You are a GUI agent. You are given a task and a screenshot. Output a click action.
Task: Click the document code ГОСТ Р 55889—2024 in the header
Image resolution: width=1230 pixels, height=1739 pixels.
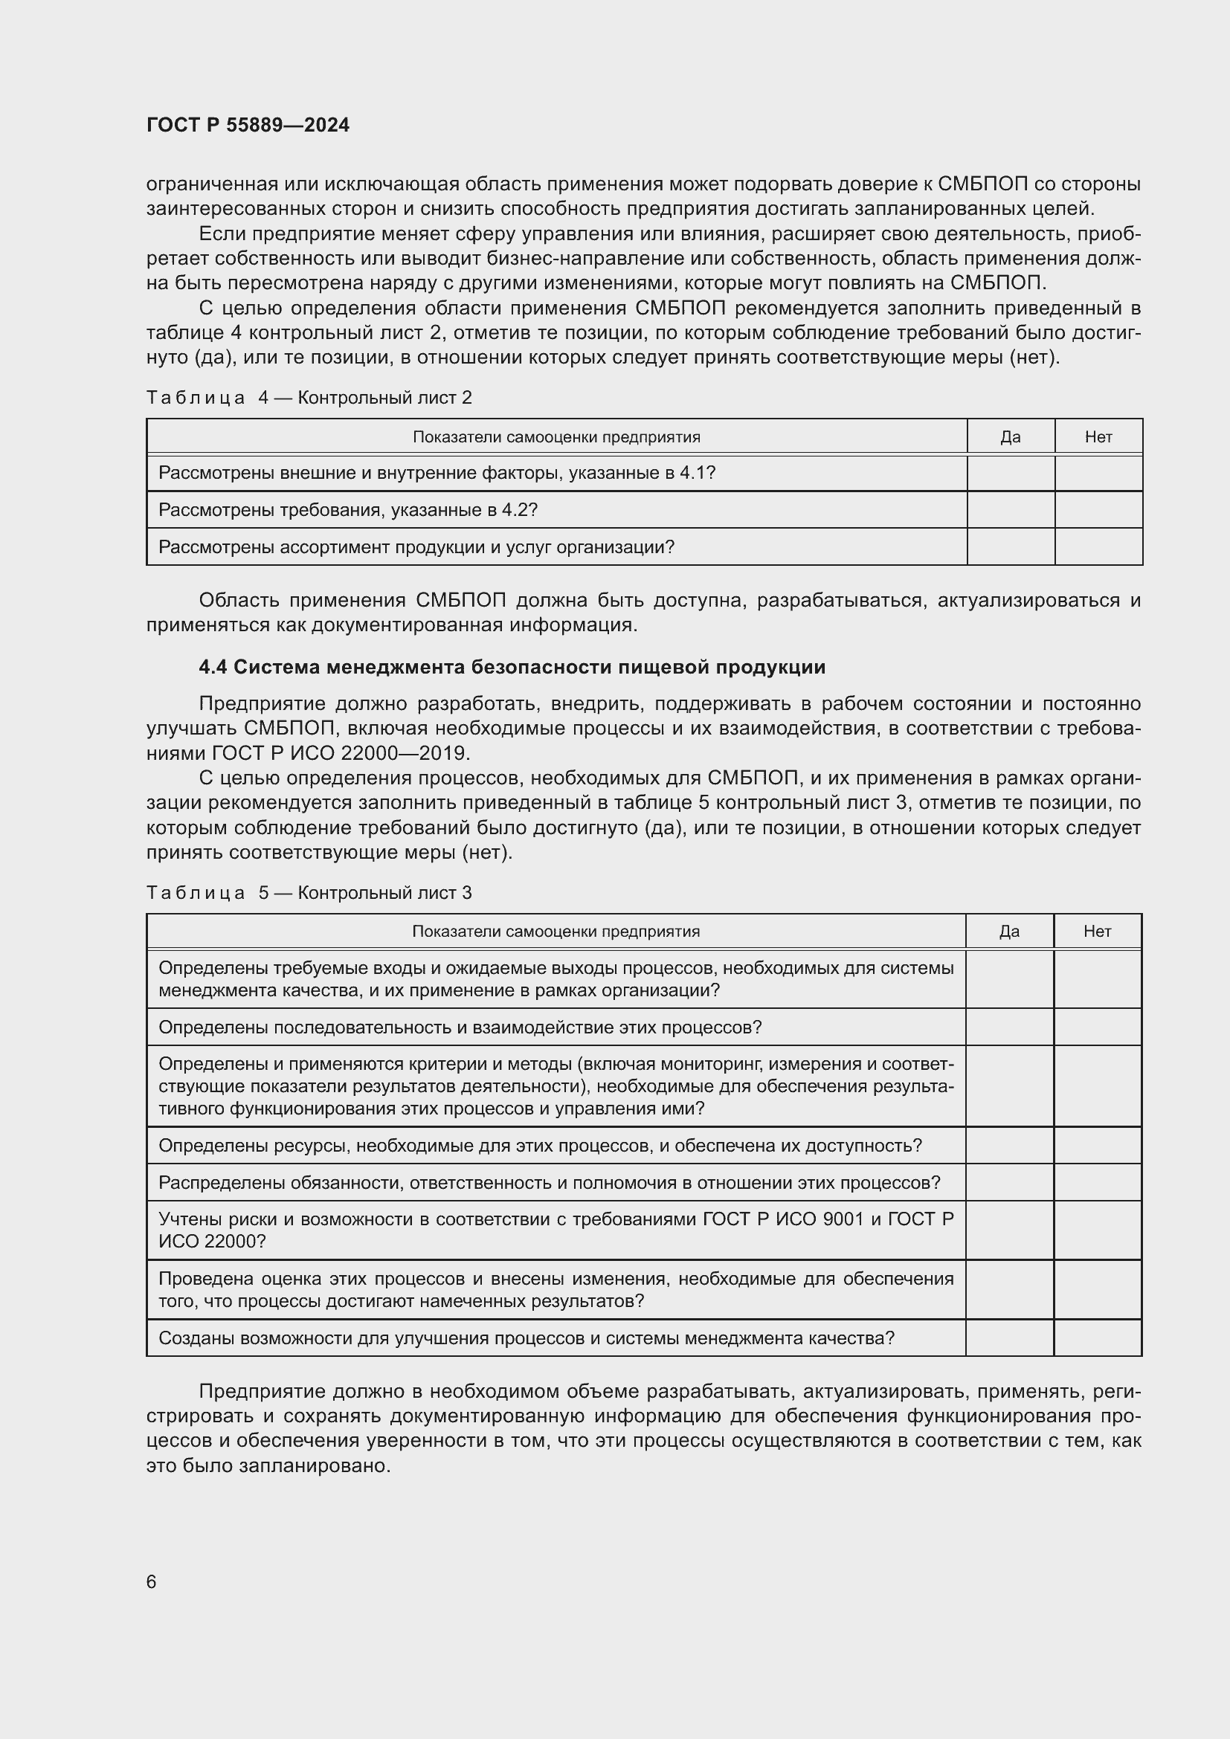pyautogui.click(x=248, y=125)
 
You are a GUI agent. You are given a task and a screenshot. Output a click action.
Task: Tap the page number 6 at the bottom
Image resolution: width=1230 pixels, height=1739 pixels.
pyautogui.click(x=152, y=1581)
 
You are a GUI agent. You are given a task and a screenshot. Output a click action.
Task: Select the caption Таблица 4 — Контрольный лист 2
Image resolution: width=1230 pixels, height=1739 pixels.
pyautogui.click(x=309, y=398)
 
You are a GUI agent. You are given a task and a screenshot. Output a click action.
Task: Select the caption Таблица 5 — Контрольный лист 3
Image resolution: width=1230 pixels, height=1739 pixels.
pyautogui.click(x=309, y=892)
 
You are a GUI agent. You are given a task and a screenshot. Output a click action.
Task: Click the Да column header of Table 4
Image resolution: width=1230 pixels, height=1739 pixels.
pyautogui.click(x=1011, y=437)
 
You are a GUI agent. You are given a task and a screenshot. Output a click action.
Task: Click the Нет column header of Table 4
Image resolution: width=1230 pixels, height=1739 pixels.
pyautogui.click(x=1098, y=437)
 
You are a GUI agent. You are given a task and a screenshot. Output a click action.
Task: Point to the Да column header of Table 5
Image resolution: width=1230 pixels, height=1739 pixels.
pyautogui.click(x=1009, y=932)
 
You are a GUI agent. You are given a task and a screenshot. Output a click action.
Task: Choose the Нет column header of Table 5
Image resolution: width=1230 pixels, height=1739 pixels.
pyautogui.click(x=1097, y=932)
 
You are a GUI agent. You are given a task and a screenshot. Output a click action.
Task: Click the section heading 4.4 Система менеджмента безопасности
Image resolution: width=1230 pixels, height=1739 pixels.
pyautogui.click(x=511, y=667)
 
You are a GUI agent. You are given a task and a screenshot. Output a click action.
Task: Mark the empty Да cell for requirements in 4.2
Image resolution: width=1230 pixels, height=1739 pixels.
pyautogui.click(x=1011, y=510)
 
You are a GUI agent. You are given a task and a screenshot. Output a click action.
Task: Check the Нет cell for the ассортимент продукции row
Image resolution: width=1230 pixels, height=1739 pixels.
pyautogui.click(x=1098, y=547)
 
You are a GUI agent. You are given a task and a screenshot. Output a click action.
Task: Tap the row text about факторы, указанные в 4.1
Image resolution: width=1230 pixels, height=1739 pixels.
pyautogui.click(x=437, y=474)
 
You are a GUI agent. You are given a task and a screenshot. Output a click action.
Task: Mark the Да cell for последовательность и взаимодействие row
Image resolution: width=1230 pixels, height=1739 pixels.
pyautogui.click(x=1009, y=1027)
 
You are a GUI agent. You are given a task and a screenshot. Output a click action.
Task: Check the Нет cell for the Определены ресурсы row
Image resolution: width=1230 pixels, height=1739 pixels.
pyautogui.click(x=1097, y=1145)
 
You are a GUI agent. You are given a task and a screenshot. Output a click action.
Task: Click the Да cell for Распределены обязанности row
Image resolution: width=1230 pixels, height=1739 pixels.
pyautogui.click(x=1009, y=1182)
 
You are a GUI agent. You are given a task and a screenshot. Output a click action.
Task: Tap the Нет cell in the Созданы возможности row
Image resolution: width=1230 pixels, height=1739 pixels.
pyautogui.click(x=1097, y=1338)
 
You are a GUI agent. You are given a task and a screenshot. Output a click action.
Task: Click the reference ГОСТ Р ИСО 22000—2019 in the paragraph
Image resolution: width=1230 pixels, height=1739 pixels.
pyautogui.click(x=341, y=754)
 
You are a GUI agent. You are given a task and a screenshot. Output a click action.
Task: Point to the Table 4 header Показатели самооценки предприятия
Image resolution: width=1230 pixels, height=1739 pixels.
pyautogui.click(x=556, y=437)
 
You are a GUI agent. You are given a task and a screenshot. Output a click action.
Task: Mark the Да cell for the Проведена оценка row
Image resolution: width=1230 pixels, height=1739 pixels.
pyautogui.click(x=1009, y=1290)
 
